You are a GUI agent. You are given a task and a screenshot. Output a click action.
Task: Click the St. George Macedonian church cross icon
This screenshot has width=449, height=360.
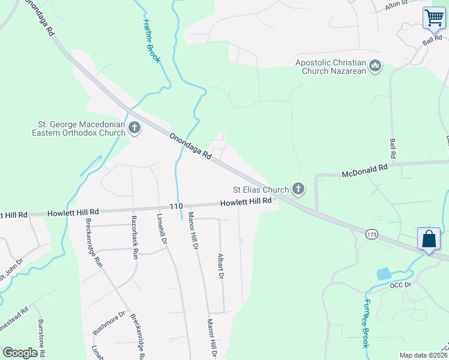pyautogui.click(x=134, y=128)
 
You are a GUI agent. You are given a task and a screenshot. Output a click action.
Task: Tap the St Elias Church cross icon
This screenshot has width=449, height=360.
pyautogui.click(x=298, y=190)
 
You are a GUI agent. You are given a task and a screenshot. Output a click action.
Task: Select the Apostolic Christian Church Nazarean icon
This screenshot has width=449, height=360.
pyautogui.click(x=375, y=65)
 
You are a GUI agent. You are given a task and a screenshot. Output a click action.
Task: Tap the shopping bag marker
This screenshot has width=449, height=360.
pyautogui.click(x=429, y=239)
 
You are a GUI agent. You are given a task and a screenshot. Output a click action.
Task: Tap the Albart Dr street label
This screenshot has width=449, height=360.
pyautogui.click(x=220, y=265)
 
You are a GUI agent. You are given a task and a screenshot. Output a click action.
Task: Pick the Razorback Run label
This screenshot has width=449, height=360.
pyautogui.click(x=134, y=237)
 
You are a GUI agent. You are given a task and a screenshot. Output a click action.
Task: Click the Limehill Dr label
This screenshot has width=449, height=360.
pyautogui.click(x=161, y=229)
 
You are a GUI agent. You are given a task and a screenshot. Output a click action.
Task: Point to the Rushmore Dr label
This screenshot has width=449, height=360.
pyautogui.click(x=109, y=323)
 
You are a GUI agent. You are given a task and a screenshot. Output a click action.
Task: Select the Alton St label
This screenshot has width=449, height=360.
pyautogui.click(x=397, y=6)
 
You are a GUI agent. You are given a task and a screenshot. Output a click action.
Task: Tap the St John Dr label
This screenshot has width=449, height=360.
pyautogui.click(x=11, y=269)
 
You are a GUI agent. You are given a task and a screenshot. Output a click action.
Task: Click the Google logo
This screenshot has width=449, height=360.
pyautogui.click(x=20, y=353)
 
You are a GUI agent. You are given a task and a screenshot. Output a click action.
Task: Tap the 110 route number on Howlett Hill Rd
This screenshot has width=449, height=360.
pyautogui.click(x=176, y=206)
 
